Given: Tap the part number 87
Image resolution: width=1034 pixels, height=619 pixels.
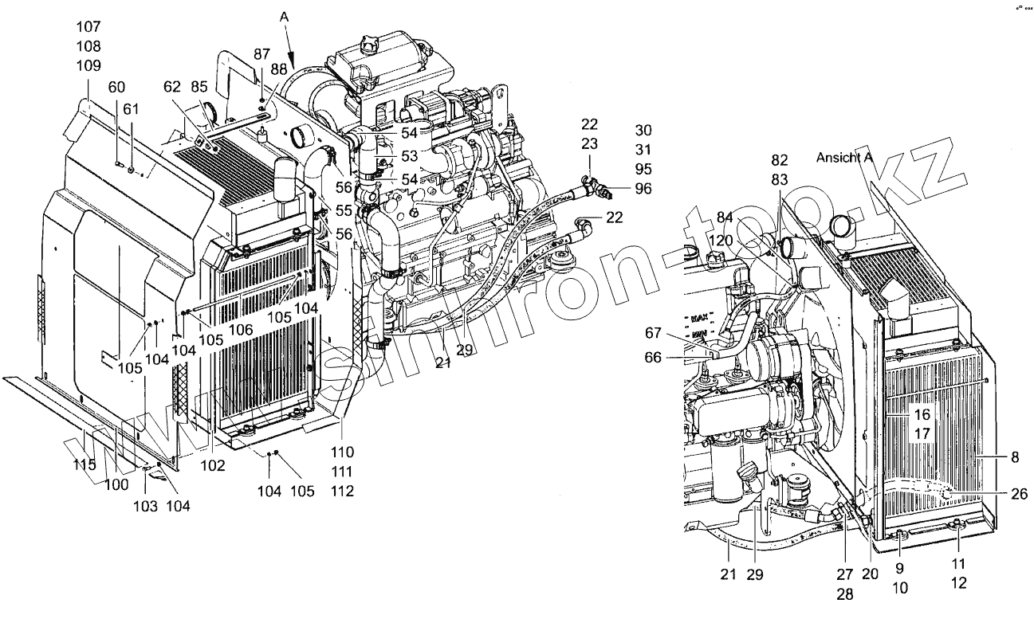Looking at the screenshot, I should click(x=261, y=53).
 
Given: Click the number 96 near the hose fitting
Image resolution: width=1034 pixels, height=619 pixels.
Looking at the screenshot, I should click(x=643, y=189).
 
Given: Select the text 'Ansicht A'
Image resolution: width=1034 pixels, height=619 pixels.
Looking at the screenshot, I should click(x=844, y=158).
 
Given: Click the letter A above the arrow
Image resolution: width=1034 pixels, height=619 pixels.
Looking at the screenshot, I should click(x=284, y=16).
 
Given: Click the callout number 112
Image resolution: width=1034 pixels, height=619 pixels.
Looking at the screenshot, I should click(x=342, y=492).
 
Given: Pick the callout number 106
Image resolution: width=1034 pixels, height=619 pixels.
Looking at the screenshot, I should click(x=241, y=329).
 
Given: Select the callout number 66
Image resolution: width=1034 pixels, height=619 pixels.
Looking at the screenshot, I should click(x=653, y=358).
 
